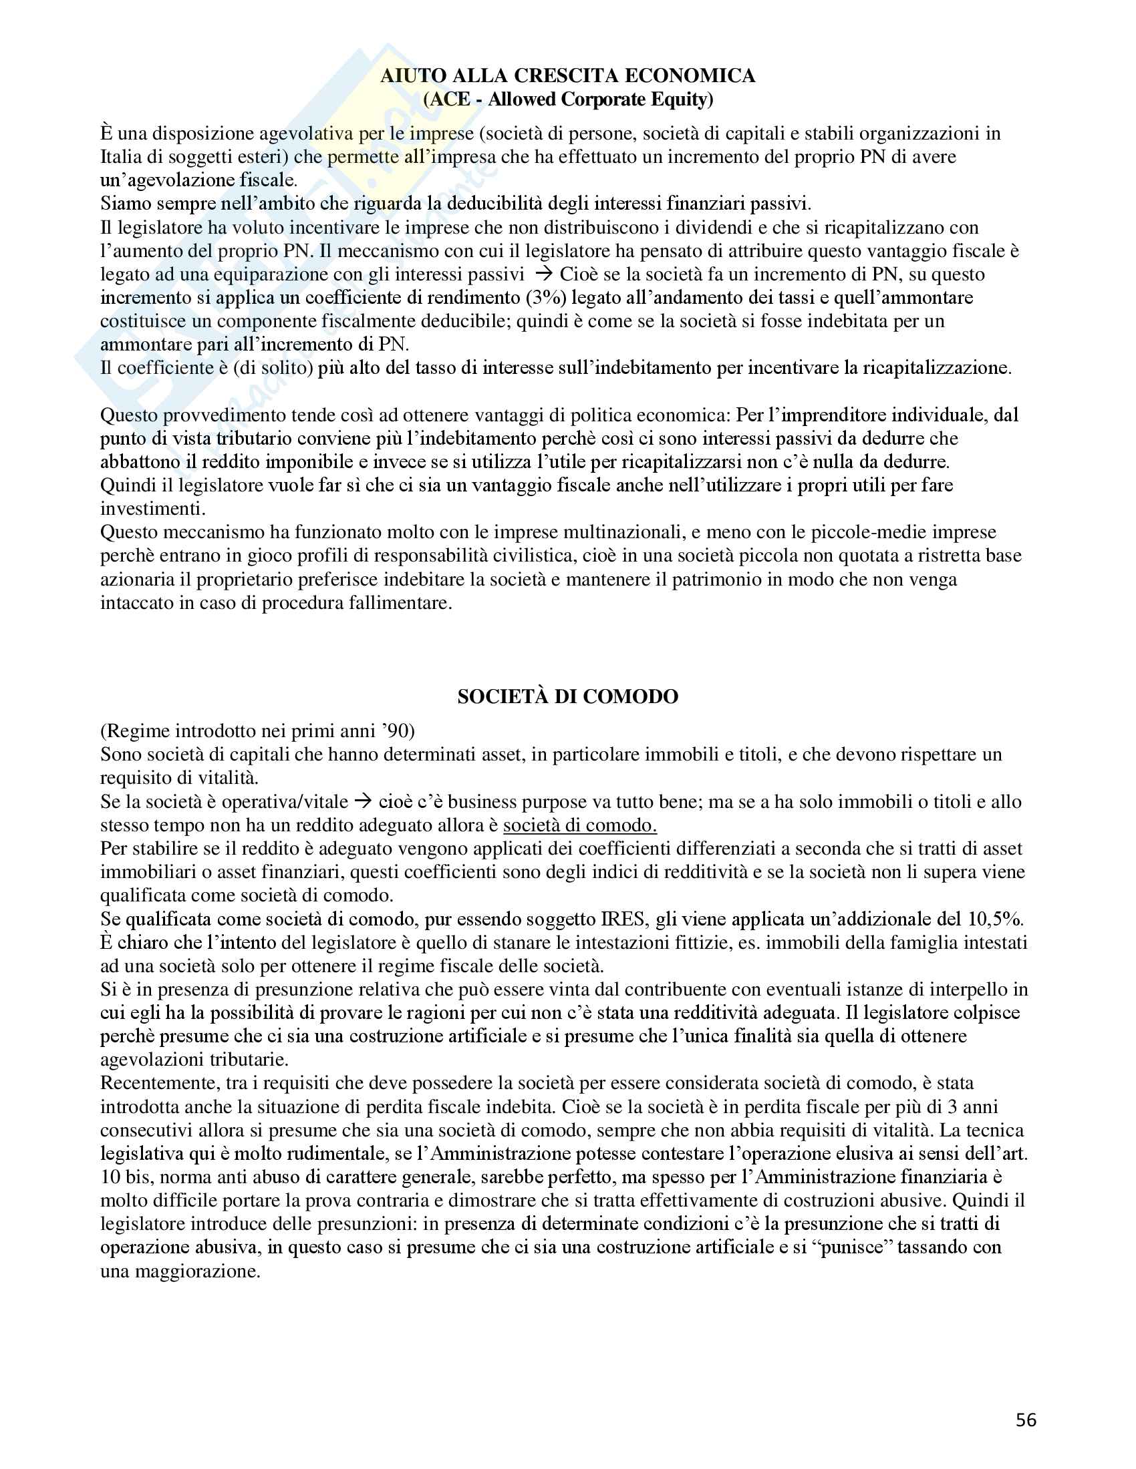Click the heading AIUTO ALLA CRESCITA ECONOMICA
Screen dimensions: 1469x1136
[567, 75]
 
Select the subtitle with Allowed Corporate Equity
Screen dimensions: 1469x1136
[567, 99]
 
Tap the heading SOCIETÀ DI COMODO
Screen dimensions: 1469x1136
[567, 696]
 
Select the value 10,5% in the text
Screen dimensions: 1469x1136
[996, 919]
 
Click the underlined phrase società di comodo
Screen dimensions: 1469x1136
[579, 825]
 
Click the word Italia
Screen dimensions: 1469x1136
[122, 157]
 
